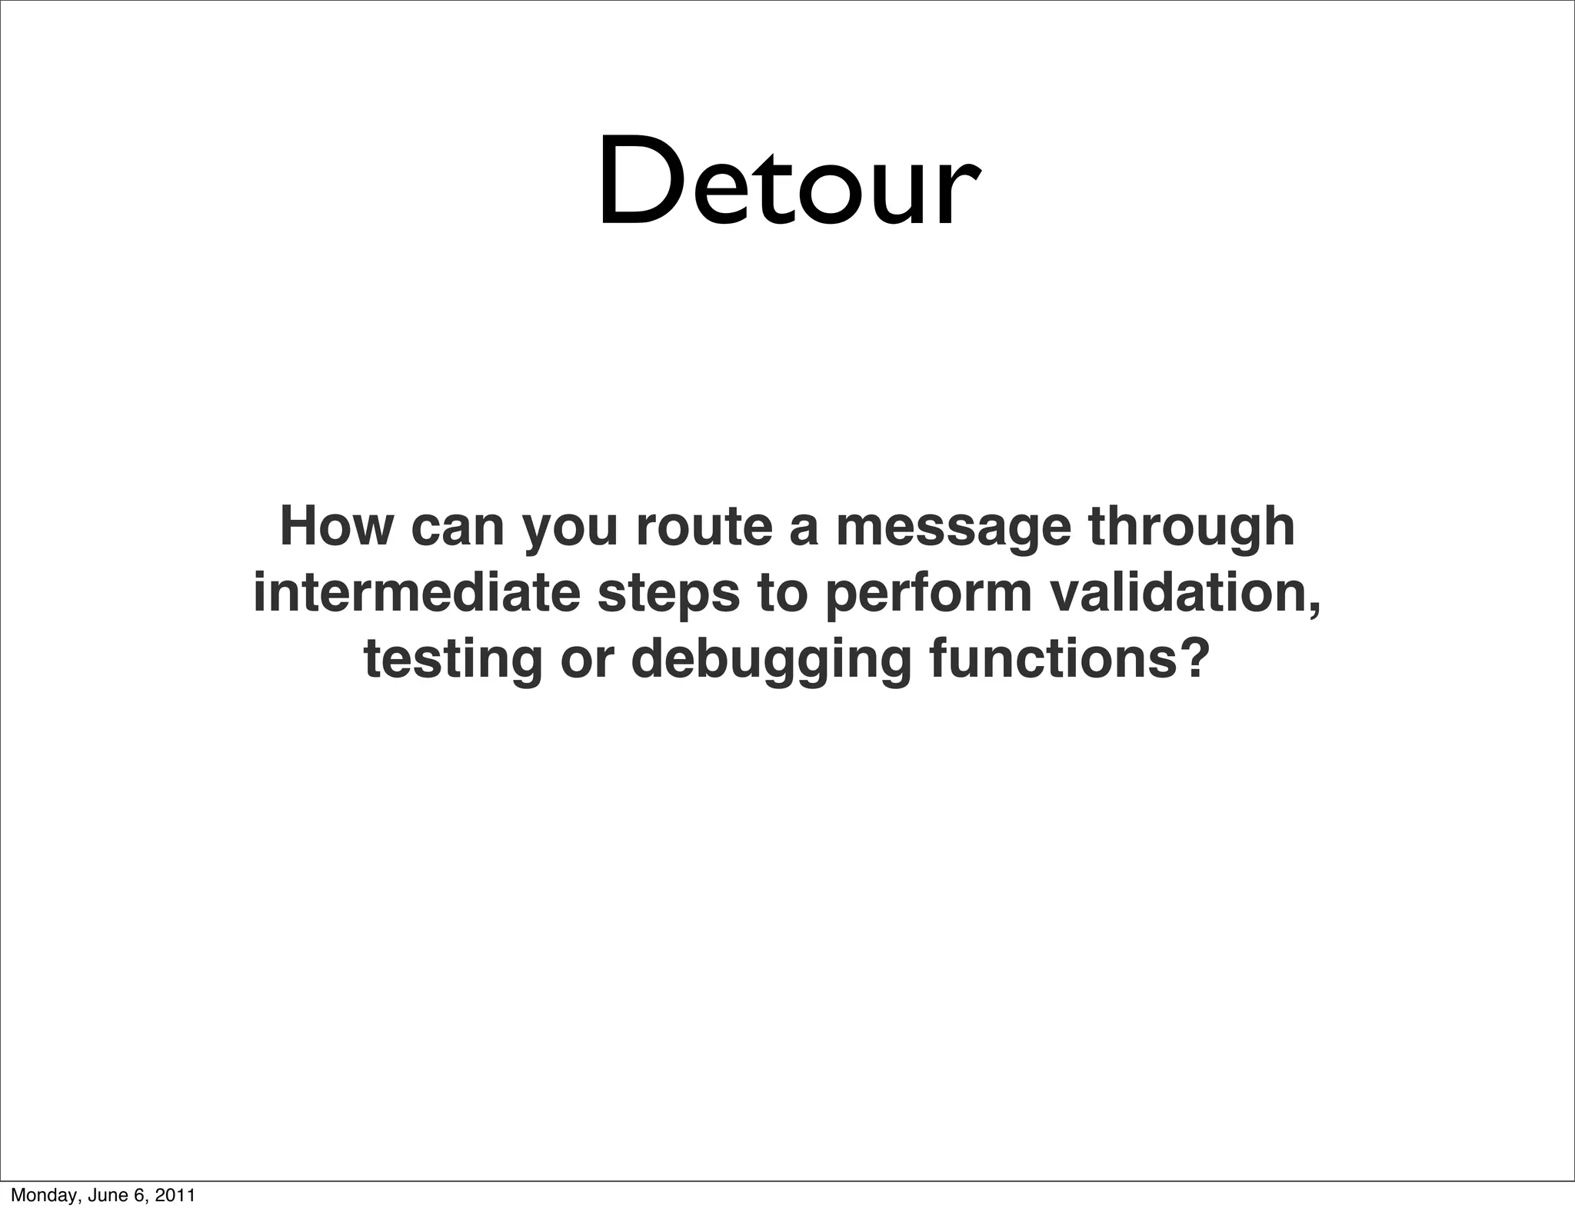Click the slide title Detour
coord(787,182)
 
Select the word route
coord(704,527)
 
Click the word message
coord(953,528)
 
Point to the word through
coord(1191,528)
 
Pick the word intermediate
coord(416,593)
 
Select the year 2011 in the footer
coord(175,1195)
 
